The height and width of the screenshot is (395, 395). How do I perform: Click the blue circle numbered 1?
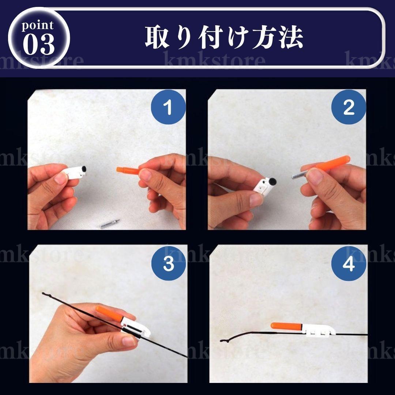[x=168, y=107]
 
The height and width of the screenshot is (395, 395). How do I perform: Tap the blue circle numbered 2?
[x=349, y=107]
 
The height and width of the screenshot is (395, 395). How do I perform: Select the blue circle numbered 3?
[x=169, y=263]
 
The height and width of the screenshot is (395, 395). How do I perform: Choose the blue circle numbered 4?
[x=349, y=263]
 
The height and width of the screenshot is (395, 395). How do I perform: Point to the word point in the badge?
[x=38, y=26]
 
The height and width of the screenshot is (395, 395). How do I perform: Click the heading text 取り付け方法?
[x=224, y=38]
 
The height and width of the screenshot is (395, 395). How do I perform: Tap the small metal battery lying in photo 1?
[x=109, y=224]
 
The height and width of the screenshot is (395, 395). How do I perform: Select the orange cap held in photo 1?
[x=128, y=170]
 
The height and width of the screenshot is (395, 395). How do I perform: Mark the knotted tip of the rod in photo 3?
[x=44, y=294]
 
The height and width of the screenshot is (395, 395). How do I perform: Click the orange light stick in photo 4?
[x=287, y=327]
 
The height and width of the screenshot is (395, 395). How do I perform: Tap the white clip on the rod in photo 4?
[x=319, y=331]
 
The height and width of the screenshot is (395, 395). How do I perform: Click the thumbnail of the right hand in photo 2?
[x=315, y=175]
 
